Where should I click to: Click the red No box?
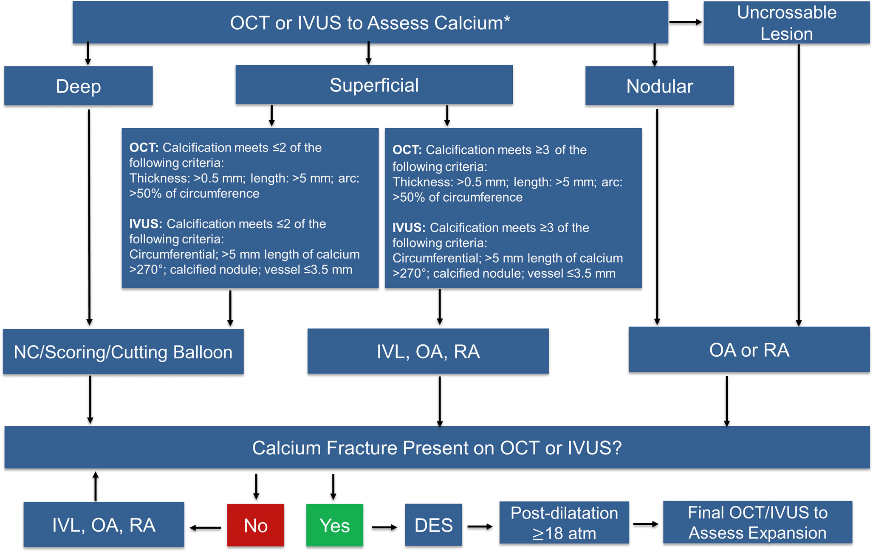pos(256,525)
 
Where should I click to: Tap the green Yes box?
pos(335,525)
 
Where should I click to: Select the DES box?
pos(434,525)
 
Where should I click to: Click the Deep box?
pos(79,86)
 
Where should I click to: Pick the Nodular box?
pos(660,86)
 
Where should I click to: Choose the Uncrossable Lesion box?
pos(787,23)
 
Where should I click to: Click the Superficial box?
pos(374,84)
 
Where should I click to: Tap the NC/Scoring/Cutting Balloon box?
pos(123,352)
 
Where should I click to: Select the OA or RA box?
pos(749,349)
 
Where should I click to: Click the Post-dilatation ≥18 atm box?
pos(564,523)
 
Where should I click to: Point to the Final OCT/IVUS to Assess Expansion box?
pos(758,522)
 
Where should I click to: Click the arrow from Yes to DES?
pos(384,527)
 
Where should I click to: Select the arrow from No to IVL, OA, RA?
pos(205,528)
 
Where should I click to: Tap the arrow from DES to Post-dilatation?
pos(480,527)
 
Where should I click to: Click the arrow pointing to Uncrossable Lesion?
pos(686,22)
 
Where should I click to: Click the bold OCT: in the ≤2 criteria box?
pos(144,147)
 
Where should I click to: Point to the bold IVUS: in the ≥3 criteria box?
pos(409,228)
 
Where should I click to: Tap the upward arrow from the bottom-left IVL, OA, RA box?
pos(96,486)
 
